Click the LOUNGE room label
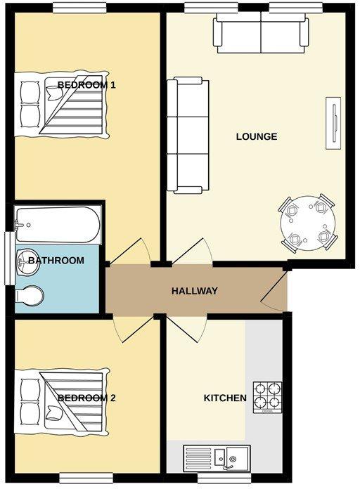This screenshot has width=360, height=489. click(257, 136)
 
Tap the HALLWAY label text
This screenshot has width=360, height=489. click(194, 291)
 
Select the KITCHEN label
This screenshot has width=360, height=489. click(225, 398)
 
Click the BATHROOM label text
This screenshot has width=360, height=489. click(56, 261)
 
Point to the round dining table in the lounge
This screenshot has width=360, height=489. click(307, 223)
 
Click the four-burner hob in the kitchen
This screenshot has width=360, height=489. click(267, 398)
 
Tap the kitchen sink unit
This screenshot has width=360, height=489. click(217, 458)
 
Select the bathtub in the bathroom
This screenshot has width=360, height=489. click(58, 225)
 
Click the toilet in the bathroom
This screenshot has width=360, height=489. click(29, 295)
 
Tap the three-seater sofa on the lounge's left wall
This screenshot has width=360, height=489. click(188, 136)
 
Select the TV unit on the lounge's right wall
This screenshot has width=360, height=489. click(333, 123)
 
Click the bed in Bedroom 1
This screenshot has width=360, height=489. click(62, 105)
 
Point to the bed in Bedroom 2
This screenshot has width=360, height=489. click(62, 400)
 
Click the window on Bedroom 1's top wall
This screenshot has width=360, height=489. click(79, 8)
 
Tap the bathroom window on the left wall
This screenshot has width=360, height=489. click(9, 259)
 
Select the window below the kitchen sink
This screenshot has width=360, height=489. click(224, 478)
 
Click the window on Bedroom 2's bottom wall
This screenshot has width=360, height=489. click(86, 478)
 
